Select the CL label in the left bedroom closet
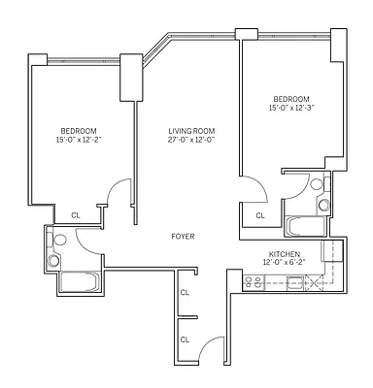click(x=75, y=215)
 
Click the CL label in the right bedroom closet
click(x=259, y=215)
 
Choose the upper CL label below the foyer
click(x=185, y=291)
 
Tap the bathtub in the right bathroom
click(x=308, y=226)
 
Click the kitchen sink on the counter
click(x=294, y=283)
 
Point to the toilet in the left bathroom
click(x=59, y=240)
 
